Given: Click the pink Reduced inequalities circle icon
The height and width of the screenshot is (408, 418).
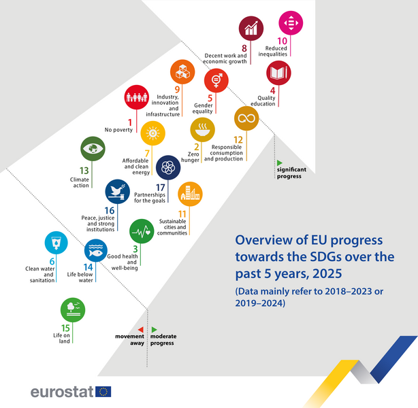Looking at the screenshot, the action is pyautogui.click(x=291, y=23).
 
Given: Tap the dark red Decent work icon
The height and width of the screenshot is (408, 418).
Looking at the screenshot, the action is pyautogui.click(x=251, y=29).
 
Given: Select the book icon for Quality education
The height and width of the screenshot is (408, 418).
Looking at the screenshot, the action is pyautogui.click(x=278, y=73).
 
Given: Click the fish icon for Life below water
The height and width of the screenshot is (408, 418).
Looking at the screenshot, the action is pyautogui.click(x=96, y=251).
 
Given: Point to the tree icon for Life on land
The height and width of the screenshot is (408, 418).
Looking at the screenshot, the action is pyautogui.click(x=73, y=310).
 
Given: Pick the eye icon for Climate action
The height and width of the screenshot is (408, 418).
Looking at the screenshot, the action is pyautogui.click(x=93, y=149).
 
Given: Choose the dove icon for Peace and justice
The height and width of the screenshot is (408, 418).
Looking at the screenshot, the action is pyautogui.click(x=118, y=192).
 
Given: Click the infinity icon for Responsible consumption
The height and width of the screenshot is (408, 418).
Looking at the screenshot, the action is pyautogui.click(x=246, y=118).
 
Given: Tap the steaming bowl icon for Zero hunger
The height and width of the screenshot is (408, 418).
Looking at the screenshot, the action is pyautogui.click(x=203, y=130).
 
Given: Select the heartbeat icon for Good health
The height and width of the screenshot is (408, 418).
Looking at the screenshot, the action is pyautogui.click(x=142, y=231).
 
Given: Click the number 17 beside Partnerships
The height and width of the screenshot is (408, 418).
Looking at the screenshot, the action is pyautogui.click(x=161, y=188).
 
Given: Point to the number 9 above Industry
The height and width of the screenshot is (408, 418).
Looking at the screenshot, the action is pyautogui.click(x=177, y=90).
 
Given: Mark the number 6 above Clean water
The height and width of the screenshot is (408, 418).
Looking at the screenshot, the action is pyautogui.click(x=52, y=262).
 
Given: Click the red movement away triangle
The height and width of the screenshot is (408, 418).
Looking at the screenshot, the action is pyautogui.click(x=141, y=330).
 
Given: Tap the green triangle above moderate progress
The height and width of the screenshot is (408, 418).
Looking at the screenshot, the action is pyautogui.click(x=154, y=330).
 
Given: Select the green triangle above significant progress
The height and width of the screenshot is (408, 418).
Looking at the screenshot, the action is pyautogui.click(x=280, y=163).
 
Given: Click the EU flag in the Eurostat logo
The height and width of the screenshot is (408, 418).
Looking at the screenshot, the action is pyautogui.click(x=103, y=392).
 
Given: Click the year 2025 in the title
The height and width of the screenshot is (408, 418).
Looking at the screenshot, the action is pyautogui.click(x=327, y=274).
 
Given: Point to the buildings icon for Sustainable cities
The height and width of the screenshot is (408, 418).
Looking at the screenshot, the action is pyautogui.click(x=190, y=194).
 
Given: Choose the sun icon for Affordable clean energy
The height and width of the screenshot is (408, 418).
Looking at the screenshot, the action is pyautogui.click(x=152, y=133).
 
